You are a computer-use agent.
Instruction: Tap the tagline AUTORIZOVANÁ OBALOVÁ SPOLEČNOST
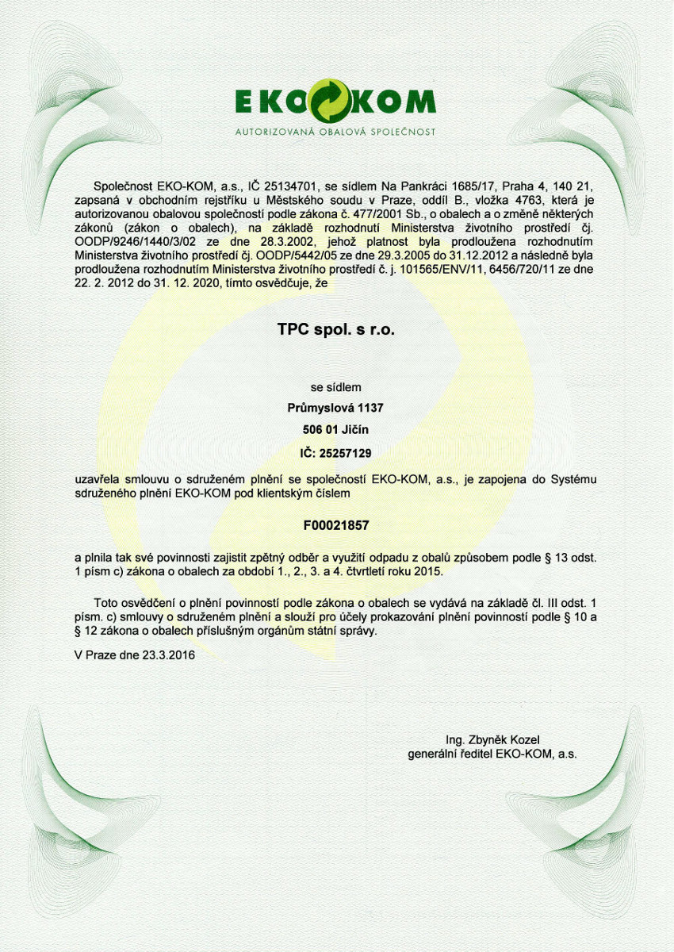coord(335,131)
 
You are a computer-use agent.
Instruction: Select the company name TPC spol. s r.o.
coord(335,329)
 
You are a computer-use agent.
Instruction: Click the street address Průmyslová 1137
coord(335,409)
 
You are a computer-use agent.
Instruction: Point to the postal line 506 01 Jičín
coord(335,430)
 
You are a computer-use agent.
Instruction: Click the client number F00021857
coord(335,525)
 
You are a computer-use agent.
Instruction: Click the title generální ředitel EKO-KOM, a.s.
coord(492,754)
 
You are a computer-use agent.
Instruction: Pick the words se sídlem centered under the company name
coord(335,388)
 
